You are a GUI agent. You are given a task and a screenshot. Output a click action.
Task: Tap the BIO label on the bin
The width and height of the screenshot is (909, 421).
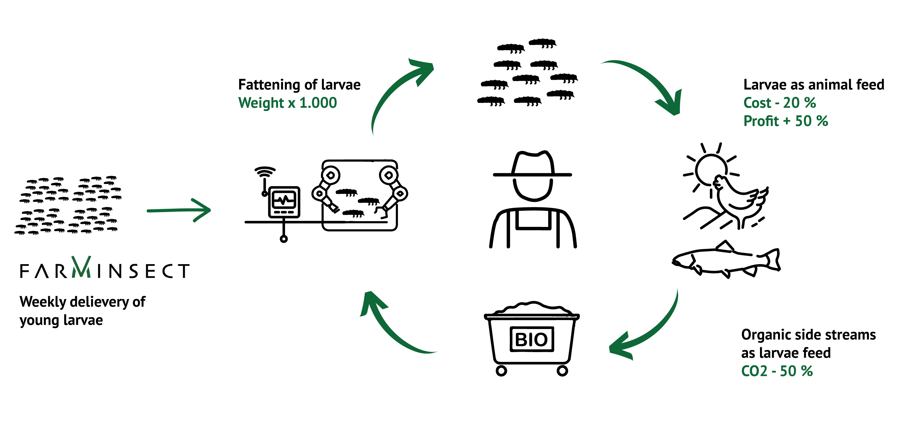531,339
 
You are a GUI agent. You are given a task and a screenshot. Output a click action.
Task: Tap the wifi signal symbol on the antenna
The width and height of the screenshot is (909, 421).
265,172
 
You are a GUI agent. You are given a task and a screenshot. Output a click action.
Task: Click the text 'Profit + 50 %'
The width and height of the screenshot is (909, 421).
785,121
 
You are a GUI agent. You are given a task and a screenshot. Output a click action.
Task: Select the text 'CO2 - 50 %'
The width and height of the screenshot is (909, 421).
777,371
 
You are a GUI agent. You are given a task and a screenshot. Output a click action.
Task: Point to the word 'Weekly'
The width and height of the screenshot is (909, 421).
43,302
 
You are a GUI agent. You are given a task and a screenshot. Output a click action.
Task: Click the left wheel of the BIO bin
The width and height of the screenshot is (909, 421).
501,371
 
